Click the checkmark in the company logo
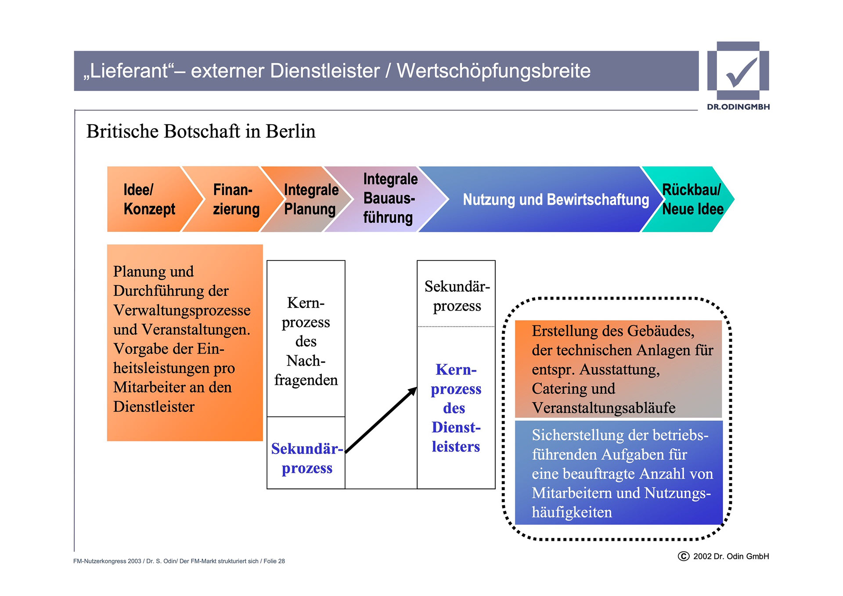pos(741,72)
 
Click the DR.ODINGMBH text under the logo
pos(738,107)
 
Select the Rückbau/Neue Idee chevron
pos(692,199)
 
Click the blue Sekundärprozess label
pos(306,458)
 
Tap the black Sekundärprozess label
pos(457,296)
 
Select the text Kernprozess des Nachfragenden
pos(306,341)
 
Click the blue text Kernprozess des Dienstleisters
pos(456,408)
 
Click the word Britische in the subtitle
pos(122,131)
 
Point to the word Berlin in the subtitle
pos(290,131)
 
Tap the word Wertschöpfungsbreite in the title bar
pos(494,71)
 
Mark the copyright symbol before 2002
pos(684,556)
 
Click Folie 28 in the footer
pos(274,561)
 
